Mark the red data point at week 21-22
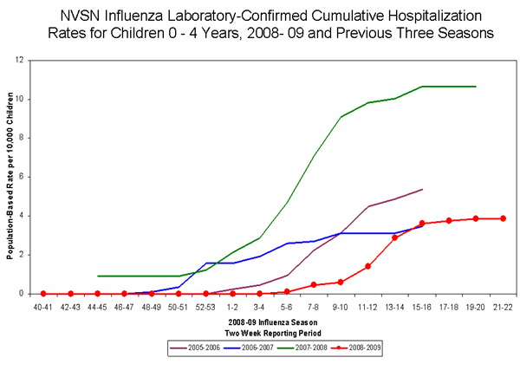pyautogui.click(x=503, y=218)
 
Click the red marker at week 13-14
pyautogui.click(x=395, y=237)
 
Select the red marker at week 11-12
pyautogui.click(x=368, y=266)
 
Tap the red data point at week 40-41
pyautogui.click(x=43, y=294)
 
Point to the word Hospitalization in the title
pyautogui.click(x=415, y=16)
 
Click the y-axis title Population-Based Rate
pyautogui.click(x=10, y=177)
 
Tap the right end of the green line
pyautogui.click(x=476, y=87)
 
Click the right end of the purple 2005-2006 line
pyautogui.click(x=422, y=189)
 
